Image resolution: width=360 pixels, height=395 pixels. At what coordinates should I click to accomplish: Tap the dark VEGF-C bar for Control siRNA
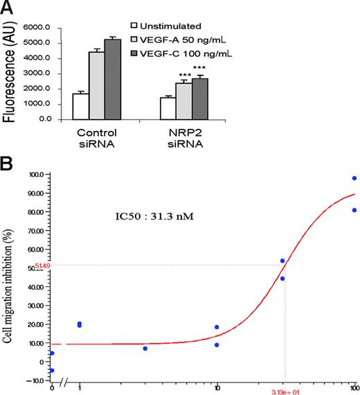[112, 79]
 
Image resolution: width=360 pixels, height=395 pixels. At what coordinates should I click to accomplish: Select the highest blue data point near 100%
[354, 178]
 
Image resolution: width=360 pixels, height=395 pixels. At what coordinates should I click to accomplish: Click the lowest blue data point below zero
[52, 371]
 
